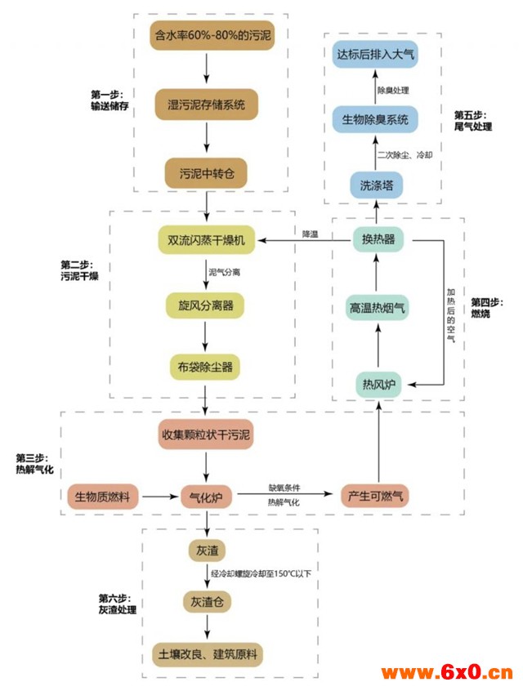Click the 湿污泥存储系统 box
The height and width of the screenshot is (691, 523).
(x=207, y=105)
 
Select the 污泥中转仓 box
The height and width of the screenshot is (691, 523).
(x=207, y=174)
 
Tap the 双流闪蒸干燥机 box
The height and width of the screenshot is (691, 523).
(x=207, y=240)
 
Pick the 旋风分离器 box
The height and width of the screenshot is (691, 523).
(x=205, y=305)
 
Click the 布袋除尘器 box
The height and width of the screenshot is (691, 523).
(x=205, y=367)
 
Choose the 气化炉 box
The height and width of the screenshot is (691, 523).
(x=206, y=497)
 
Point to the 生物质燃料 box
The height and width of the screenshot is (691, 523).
(x=102, y=497)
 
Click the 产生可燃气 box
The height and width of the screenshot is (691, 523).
(x=375, y=496)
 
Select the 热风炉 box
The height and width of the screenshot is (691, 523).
(x=378, y=385)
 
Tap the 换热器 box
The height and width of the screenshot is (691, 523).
(x=378, y=239)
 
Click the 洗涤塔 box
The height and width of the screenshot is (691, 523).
(x=376, y=185)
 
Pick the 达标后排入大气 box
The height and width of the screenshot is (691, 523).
(x=375, y=54)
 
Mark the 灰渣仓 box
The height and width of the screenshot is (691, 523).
(x=207, y=602)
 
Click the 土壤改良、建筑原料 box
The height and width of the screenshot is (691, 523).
(x=208, y=654)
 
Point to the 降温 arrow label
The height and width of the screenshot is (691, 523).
(x=310, y=234)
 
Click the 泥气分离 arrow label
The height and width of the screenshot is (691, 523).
(x=225, y=272)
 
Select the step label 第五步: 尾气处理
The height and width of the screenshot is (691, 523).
(x=473, y=121)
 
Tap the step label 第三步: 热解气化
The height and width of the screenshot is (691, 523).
(x=35, y=464)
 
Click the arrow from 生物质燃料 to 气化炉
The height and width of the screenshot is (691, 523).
(x=160, y=497)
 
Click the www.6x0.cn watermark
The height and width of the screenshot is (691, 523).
(x=447, y=672)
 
